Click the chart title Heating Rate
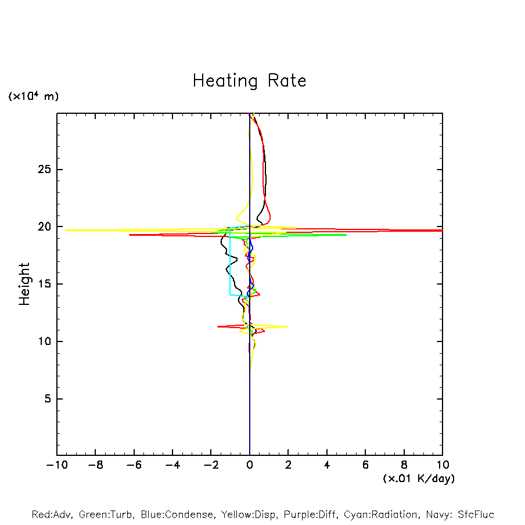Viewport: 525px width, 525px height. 249,80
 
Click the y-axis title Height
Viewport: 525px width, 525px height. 24,284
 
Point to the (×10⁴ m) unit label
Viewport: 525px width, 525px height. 33,96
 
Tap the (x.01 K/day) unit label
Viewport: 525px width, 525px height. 418,479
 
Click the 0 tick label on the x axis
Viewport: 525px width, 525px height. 250,465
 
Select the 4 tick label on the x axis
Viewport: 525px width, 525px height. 327,465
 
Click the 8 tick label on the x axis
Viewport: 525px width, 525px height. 404,465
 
